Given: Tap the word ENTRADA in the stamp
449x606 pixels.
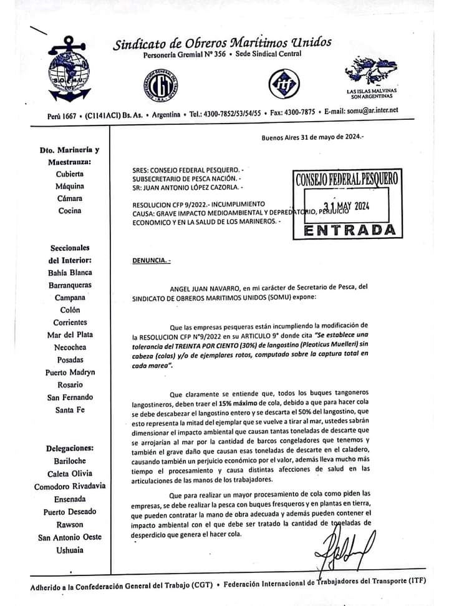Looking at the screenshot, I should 350,230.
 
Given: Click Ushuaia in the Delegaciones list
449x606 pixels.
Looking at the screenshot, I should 69,549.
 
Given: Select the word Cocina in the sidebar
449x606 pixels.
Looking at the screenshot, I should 69,210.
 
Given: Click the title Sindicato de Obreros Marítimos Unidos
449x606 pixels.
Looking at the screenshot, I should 222,43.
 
